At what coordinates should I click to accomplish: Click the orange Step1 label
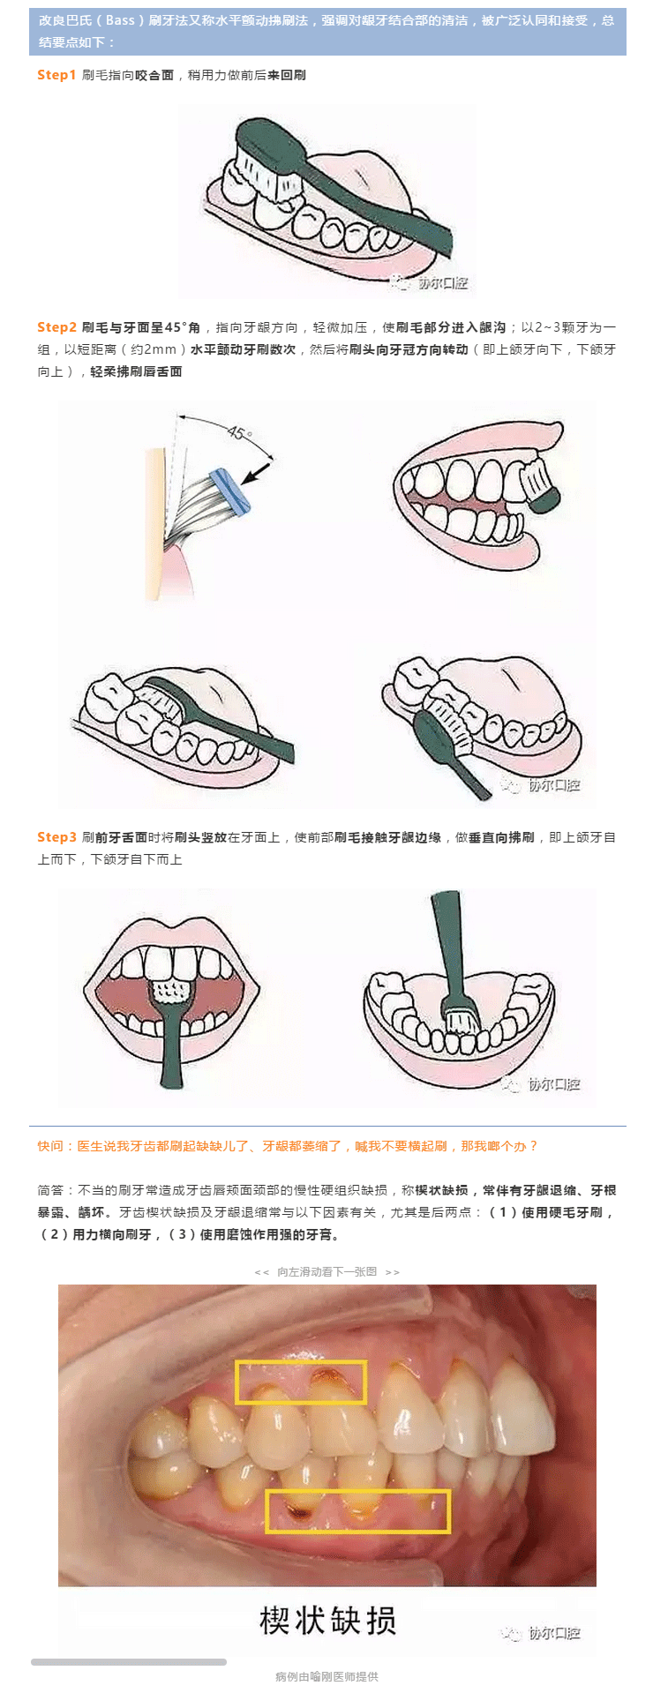tap(56, 75)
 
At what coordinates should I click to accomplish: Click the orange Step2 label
tap(56, 327)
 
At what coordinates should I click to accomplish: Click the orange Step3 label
tap(56, 837)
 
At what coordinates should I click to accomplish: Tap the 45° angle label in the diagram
tap(240, 433)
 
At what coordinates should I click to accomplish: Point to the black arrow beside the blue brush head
tap(257, 473)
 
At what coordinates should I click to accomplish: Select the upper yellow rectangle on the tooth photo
tap(301, 1382)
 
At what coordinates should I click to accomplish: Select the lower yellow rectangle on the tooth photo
tap(358, 1511)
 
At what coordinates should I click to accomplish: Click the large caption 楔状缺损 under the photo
tap(327, 1620)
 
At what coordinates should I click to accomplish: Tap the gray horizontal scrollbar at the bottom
tap(129, 1662)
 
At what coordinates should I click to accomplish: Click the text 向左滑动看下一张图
tap(327, 1271)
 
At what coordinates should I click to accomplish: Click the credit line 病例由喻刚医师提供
tap(326, 1676)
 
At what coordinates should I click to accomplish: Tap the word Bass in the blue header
tap(121, 20)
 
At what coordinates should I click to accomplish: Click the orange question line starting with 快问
tap(288, 1146)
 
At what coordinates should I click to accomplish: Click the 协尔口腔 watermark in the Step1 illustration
tap(432, 282)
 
